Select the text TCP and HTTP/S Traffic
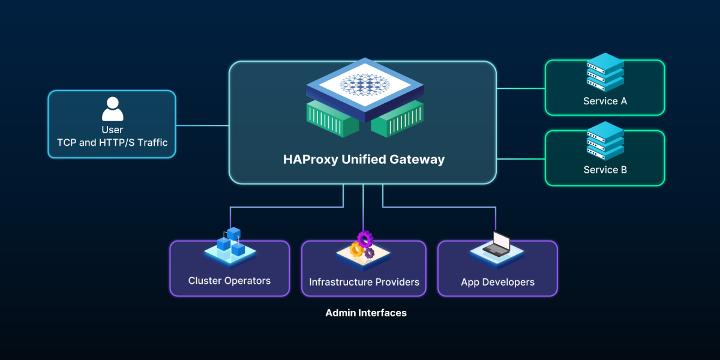click(x=112, y=143)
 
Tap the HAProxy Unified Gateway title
click(x=364, y=160)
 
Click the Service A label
click(x=605, y=101)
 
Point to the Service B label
click(x=605, y=170)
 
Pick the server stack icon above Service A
click(x=605, y=72)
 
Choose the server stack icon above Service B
click(x=605, y=141)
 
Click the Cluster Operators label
click(x=229, y=281)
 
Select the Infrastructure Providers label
click(x=364, y=282)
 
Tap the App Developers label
click(x=497, y=282)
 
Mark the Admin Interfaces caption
click(x=366, y=313)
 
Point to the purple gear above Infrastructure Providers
click(x=365, y=239)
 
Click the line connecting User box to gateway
click(x=202, y=125)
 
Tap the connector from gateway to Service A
click(x=520, y=88)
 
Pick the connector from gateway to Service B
click(x=520, y=159)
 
